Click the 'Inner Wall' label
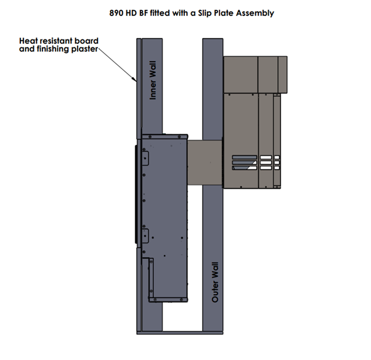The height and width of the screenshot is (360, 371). click(x=153, y=80)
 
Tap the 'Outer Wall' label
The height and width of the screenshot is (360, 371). click(x=215, y=282)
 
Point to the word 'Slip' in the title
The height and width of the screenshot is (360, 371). click(x=205, y=14)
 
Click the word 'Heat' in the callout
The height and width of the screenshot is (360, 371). click(x=28, y=41)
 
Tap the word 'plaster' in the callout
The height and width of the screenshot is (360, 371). click(x=84, y=49)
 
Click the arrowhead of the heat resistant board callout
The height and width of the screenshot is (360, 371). click(x=134, y=80)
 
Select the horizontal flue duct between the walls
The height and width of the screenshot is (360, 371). click(x=205, y=162)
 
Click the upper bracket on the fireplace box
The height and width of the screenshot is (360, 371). click(x=145, y=158)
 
